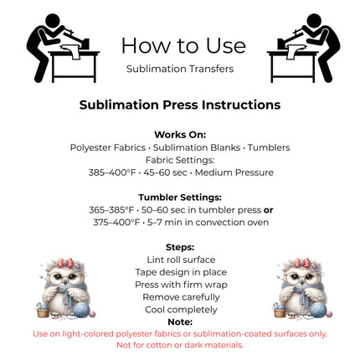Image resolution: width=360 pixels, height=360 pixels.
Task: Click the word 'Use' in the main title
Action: (x=226, y=45)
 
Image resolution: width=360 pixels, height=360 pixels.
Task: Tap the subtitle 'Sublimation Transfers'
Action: (x=180, y=69)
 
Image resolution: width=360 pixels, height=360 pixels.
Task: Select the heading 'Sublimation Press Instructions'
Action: (x=180, y=105)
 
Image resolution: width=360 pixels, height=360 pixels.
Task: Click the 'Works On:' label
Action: (x=180, y=135)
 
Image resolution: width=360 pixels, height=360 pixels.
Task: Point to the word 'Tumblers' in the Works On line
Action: (x=269, y=147)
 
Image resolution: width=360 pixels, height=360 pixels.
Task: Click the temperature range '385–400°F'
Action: (x=112, y=172)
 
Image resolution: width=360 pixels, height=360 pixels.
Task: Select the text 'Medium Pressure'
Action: (x=234, y=172)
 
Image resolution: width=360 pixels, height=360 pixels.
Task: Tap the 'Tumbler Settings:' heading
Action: (x=180, y=198)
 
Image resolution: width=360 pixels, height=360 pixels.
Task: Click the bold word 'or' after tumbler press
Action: (x=268, y=210)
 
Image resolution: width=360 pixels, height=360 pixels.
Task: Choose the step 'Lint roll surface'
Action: (x=181, y=260)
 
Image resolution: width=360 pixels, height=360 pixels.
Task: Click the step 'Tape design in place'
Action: (x=181, y=272)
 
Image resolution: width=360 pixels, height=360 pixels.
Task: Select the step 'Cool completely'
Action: (x=181, y=310)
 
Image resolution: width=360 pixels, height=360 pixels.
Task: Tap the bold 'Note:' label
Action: (x=180, y=322)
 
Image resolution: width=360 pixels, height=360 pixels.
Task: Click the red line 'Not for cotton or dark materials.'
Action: (x=180, y=345)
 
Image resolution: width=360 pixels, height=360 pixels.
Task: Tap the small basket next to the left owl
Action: (x=43, y=311)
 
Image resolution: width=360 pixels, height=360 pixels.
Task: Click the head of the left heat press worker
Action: (x=52, y=21)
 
